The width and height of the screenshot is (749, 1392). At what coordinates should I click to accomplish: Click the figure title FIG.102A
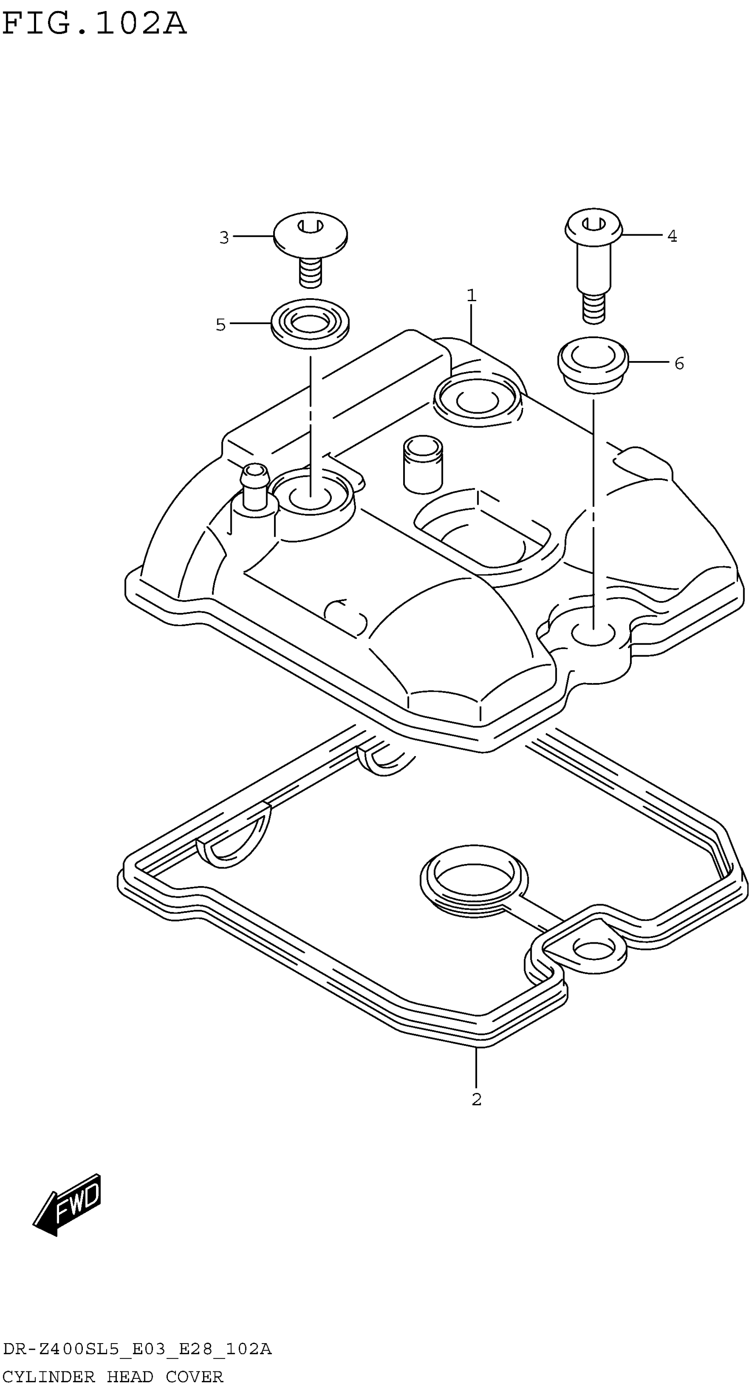pos(94,24)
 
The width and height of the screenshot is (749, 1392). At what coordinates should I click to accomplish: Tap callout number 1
pos(471,295)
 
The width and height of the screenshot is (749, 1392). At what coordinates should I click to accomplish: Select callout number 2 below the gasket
pos(476,1100)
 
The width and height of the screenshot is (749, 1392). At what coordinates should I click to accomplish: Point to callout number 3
pos(224,237)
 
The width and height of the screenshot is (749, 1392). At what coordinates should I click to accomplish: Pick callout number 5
pos(221,325)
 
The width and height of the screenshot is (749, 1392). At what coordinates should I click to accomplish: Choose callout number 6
pos(679,363)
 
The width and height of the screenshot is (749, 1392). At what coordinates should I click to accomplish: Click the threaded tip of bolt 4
pos(594,309)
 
